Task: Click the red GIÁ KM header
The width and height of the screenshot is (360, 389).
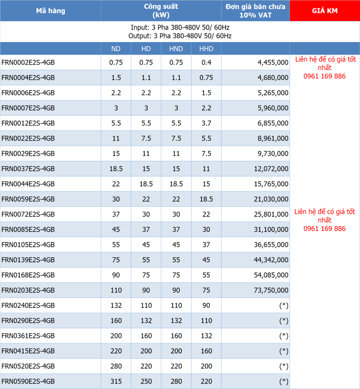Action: [325, 11]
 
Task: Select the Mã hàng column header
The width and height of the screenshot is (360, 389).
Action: [51, 11]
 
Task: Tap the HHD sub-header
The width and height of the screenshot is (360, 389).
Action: [206, 49]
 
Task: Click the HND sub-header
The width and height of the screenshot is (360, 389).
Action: [176, 49]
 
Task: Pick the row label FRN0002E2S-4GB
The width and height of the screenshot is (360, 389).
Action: [28, 62]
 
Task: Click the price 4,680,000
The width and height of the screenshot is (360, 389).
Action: [273, 77]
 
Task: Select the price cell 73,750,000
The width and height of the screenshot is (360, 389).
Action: [271, 290]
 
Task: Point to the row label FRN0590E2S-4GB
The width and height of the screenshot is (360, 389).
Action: [28, 381]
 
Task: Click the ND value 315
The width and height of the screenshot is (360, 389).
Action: [116, 381]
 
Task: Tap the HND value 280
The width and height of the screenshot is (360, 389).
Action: [176, 381]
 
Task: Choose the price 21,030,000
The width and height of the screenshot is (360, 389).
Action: [271, 199]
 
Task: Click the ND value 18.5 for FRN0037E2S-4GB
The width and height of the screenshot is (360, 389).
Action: [116, 169]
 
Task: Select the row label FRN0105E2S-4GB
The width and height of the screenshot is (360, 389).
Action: [28, 245]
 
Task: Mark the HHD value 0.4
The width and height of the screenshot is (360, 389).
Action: [206, 62]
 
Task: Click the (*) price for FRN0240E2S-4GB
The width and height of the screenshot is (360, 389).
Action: [284, 305]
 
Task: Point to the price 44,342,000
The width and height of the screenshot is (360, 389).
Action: [271, 260]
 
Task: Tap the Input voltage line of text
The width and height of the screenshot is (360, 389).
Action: [180, 28]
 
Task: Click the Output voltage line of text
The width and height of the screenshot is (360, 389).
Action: [180, 36]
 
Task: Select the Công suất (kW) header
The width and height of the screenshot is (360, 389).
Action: [161, 11]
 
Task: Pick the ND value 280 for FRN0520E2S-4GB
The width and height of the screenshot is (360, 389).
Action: [116, 366]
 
